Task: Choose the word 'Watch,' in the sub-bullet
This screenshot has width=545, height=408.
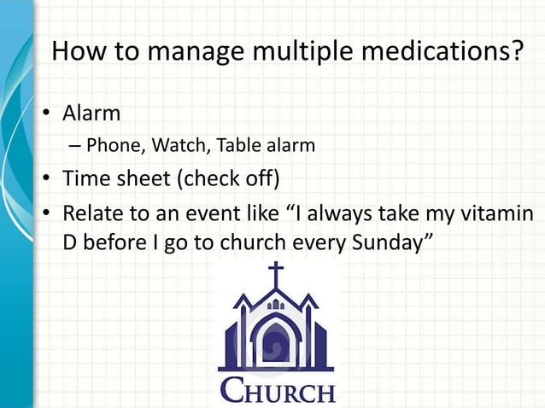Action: tap(181, 146)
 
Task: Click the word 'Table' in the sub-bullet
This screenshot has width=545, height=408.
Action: tap(237, 146)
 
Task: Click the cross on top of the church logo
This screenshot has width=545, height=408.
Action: tap(276, 276)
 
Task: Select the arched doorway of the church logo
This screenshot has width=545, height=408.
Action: tap(275, 345)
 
